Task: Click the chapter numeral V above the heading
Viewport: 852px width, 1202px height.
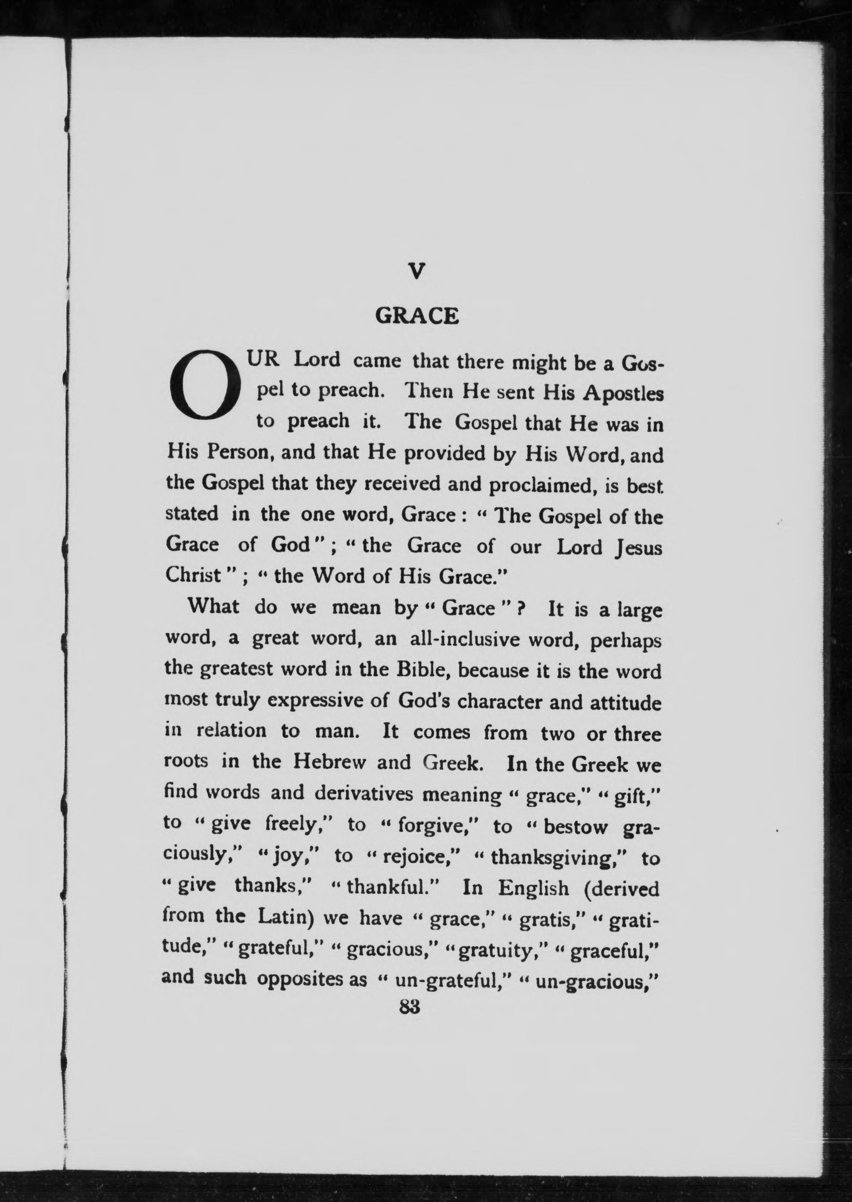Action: pyautogui.click(x=416, y=272)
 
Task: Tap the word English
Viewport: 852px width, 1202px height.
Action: pyautogui.click(x=533, y=888)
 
